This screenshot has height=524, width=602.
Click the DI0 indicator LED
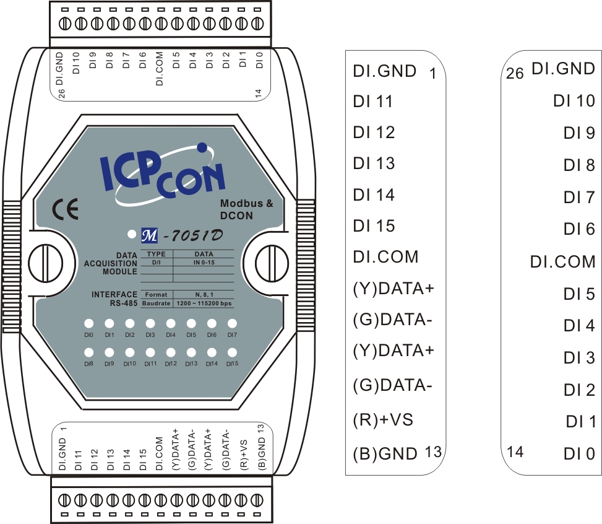pyautogui.click(x=89, y=323)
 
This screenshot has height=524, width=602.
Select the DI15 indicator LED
pyautogui.click(x=232, y=352)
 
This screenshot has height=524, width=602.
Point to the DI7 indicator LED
pyautogui.click(x=232, y=323)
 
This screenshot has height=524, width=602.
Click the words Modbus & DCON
pyautogui.click(x=246, y=209)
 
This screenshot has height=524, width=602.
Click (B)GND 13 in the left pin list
pyautogui.click(x=396, y=453)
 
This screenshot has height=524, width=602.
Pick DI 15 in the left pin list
pyautogui.click(x=374, y=226)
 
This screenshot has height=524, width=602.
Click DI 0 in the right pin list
pyautogui.click(x=579, y=454)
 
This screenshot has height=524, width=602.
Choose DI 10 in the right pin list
pyautogui.click(x=574, y=100)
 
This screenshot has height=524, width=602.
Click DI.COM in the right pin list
pyautogui.click(x=562, y=261)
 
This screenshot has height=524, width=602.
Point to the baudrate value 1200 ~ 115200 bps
pyautogui.click(x=204, y=304)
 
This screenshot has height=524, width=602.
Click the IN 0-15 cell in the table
pyautogui.click(x=204, y=263)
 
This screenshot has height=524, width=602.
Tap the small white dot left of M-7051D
pyautogui.click(x=131, y=235)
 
